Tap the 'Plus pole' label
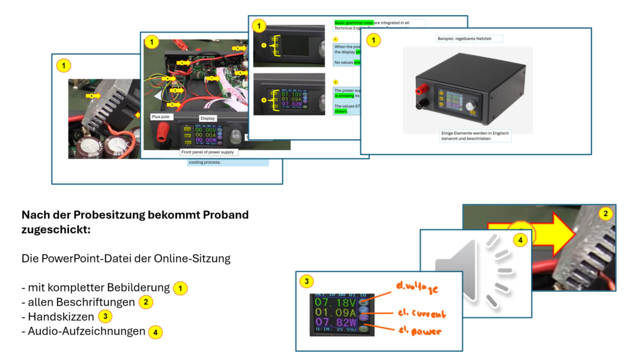point(160,117)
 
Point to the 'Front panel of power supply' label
point(208,152)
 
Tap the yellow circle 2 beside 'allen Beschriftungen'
point(145,302)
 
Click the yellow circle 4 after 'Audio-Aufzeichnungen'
point(155,331)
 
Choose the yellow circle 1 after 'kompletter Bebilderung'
point(180,288)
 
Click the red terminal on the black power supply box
point(418,91)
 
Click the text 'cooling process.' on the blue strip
point(205,162)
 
